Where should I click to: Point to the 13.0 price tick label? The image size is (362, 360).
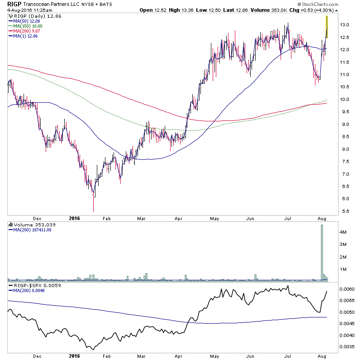(x=346, y=24)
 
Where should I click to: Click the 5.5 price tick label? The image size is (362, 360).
(x=345, y=211)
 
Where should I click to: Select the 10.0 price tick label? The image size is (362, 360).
(x=346, y=100)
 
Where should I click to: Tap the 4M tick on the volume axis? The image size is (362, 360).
(x=344, y=231)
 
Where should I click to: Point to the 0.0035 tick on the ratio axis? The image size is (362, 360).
(x=348, y=347)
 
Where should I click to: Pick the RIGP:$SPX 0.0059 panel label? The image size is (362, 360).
(x=34, y=286)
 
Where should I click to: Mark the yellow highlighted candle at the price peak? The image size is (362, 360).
(x=327, y=26)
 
